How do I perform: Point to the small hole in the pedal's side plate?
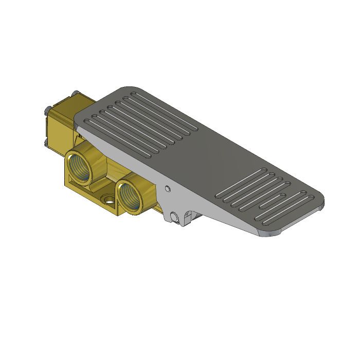click(167, 189)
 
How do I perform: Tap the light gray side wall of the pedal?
click(206, 206)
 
